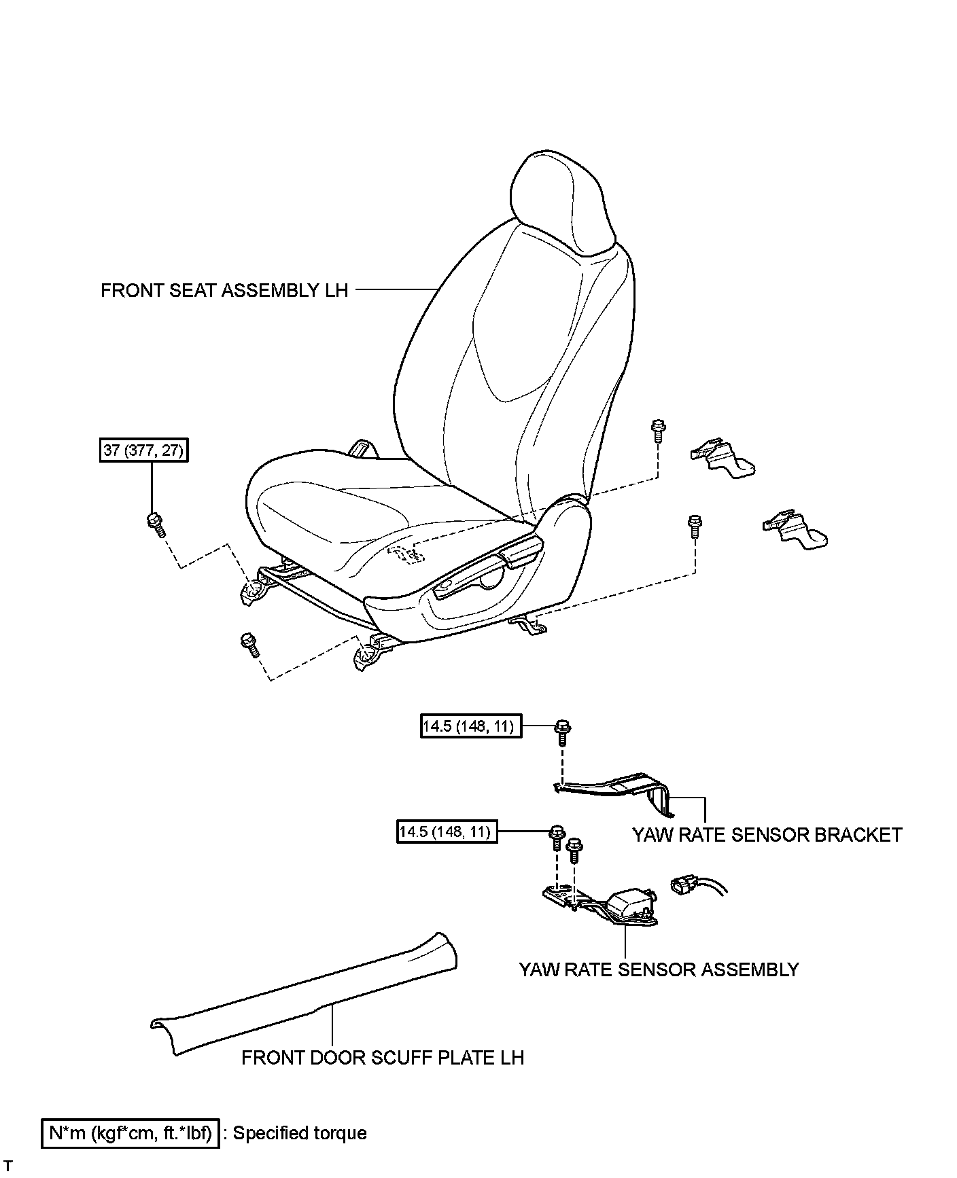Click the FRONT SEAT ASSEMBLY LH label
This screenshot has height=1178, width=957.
224,290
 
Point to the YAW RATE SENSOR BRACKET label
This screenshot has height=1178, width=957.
767,834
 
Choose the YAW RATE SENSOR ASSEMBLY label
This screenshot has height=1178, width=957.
659,969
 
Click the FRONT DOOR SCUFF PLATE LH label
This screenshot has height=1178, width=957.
383,1057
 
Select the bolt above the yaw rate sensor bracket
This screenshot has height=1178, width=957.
562,731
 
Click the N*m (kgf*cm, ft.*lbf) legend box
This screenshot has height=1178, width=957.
130,1133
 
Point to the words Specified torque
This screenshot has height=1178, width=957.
300,1133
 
